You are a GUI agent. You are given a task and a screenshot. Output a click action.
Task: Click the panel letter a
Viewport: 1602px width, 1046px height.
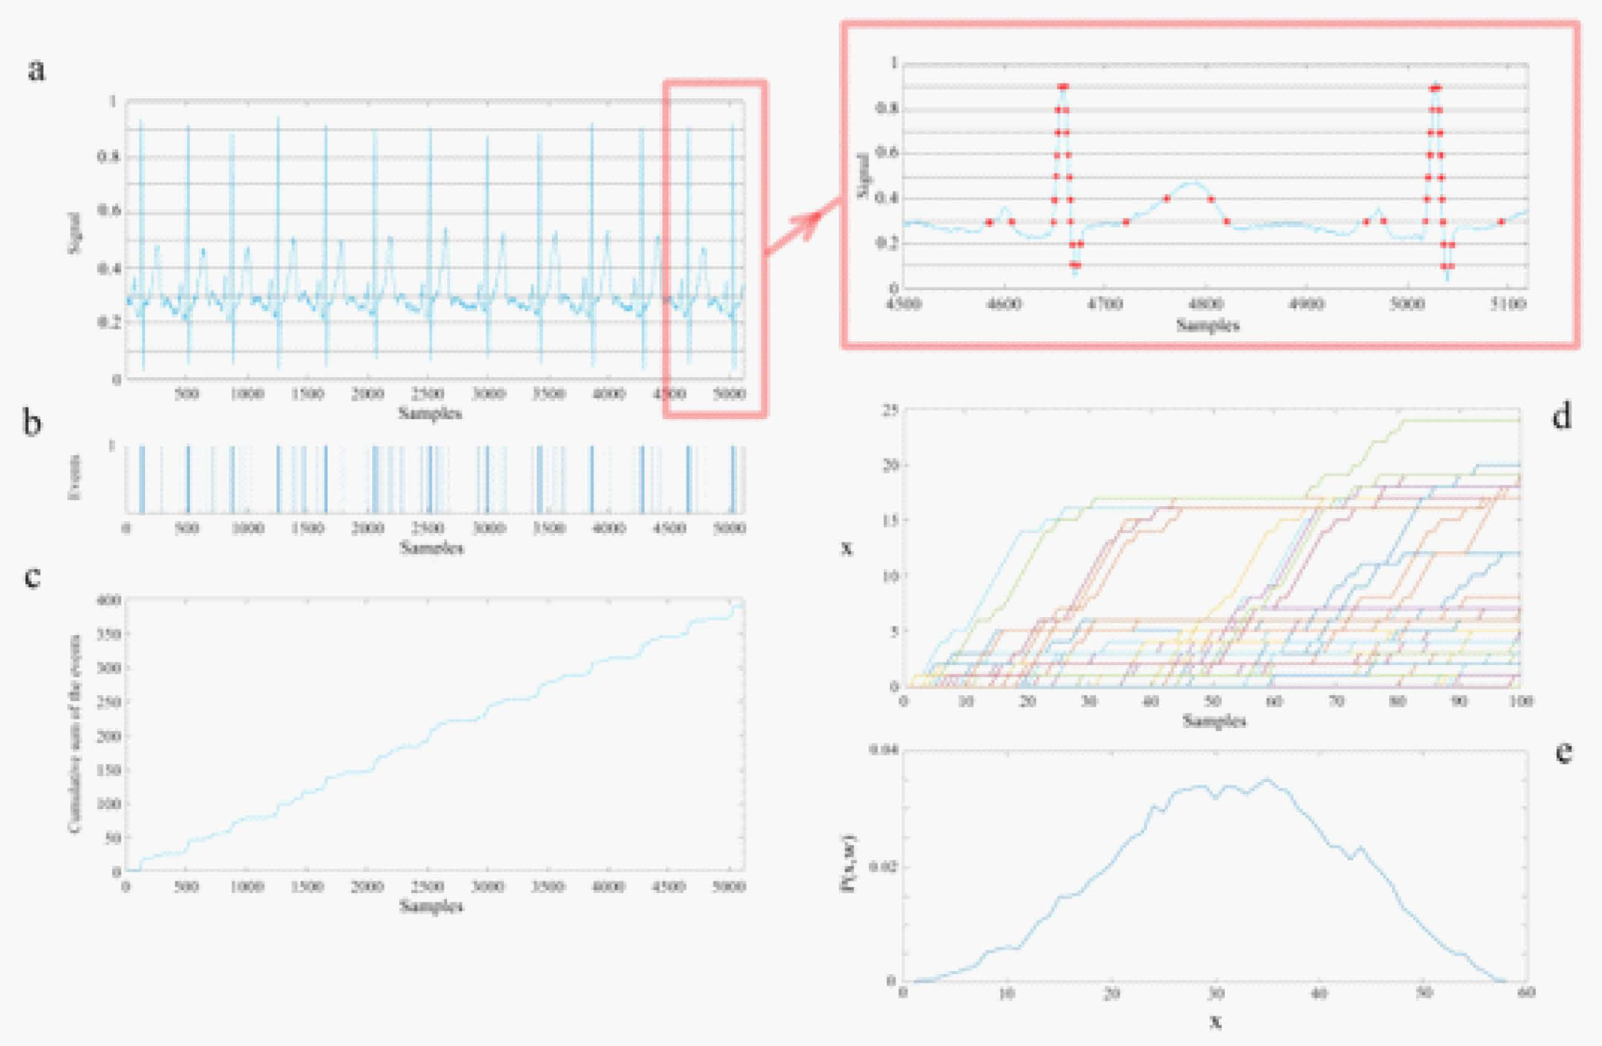pos(37,70)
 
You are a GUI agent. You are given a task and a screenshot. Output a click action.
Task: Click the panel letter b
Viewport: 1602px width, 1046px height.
pos(32,425)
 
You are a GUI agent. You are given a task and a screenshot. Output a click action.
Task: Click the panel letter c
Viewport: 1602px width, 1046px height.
pos(32,576)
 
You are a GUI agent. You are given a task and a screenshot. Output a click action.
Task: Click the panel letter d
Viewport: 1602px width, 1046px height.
pos(1562,418)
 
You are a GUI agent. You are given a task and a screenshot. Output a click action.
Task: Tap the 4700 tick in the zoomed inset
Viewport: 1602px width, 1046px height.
pos(1104,304)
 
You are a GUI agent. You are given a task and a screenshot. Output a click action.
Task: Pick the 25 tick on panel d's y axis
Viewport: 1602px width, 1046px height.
pos(890,411)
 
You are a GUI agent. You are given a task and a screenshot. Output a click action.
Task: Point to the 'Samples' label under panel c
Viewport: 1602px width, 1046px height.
pos(431,906)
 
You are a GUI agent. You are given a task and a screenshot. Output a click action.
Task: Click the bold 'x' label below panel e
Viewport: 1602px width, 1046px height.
pos(1215,1022)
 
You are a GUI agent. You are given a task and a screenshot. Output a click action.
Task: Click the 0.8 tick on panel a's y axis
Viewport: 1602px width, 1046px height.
pos(108,158)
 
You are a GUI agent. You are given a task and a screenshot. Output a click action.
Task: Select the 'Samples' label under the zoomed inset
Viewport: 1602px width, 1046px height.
pos(1207,325)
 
